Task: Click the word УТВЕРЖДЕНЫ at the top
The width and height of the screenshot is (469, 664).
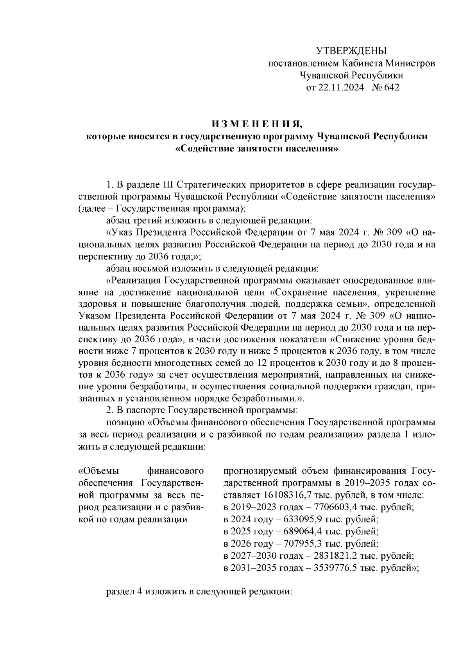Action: pyautogui.click(x=351, y=51)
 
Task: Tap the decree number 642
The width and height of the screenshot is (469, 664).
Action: pyautogui.click(x=392, y=88)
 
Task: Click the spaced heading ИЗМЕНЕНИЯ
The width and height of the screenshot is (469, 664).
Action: pyautogui.click(x=257, y=124)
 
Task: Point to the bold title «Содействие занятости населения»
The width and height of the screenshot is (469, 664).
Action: pyautogui.click(x=257, y=149)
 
